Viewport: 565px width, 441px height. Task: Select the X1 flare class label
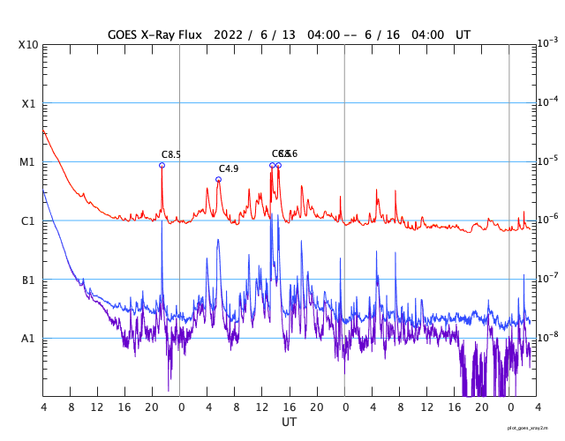pyautogui.click(x=28, y=103)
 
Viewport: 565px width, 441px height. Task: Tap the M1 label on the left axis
pyautogui.click(x=28, y=162)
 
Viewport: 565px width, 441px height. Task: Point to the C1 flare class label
pyautogui.click(x=28, y=221)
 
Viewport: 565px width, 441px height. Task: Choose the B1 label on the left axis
pyautogui.click(x=28, y=280)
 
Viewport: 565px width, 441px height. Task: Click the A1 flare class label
pyautogui.click(x=28, y=339)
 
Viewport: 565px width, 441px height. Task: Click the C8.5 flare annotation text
pyautogui.click(x=171, y=155)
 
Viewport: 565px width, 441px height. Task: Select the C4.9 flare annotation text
pyautogui.click(x=229, y=168)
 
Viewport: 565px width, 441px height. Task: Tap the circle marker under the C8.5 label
pyautogui.click(x=162, y=165)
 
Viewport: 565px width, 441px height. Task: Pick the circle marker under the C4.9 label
pyautogui.click(x=218, y=179)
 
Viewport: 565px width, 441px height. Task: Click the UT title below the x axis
pyautogui.click(x=289, y=422)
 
